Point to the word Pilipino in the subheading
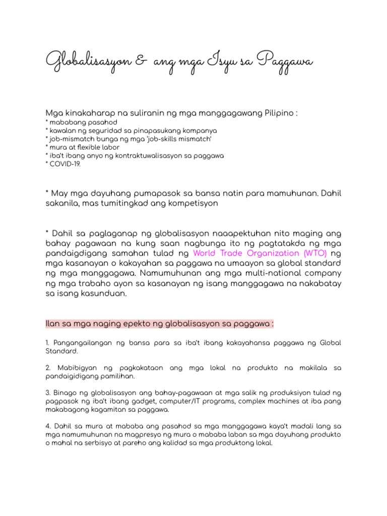click(x=279, y=112)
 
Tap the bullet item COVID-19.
click(x=64, y=164)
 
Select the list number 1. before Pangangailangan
click(x=47, y=343)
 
